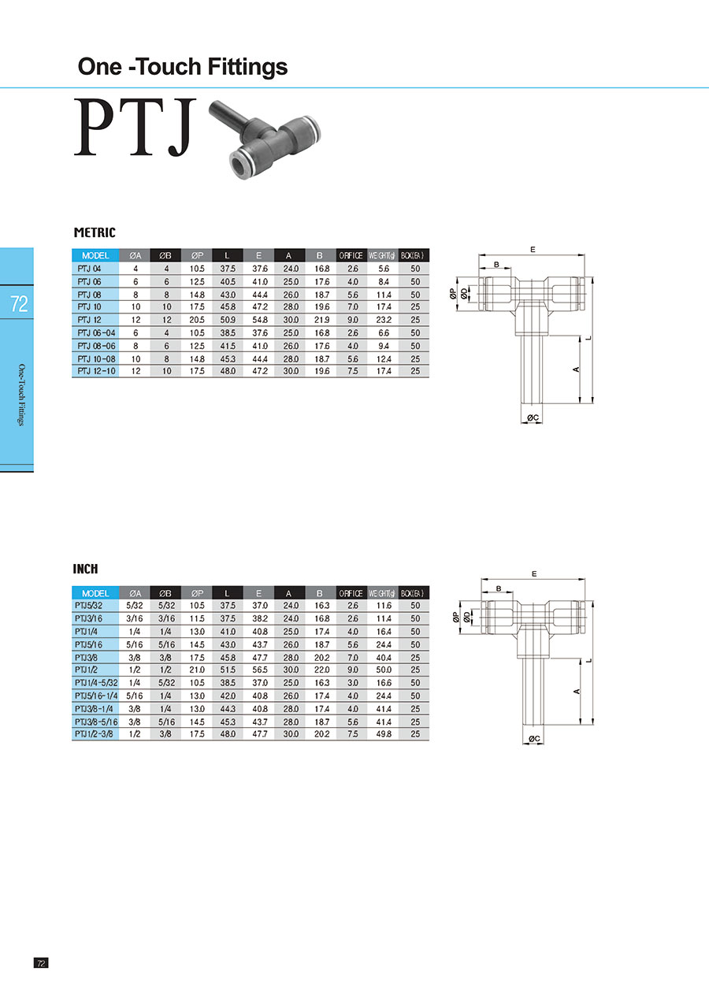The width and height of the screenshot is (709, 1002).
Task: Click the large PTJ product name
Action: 135,128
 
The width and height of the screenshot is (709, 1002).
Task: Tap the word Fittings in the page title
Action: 247,67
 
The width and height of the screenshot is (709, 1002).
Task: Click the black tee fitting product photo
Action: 265,139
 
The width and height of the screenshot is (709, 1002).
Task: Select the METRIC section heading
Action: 95,232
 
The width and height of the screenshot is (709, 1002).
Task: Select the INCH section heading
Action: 85,569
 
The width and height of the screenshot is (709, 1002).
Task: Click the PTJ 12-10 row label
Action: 96,371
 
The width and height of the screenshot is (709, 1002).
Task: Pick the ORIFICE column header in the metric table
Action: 351,255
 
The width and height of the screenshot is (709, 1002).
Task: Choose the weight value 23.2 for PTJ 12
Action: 384,320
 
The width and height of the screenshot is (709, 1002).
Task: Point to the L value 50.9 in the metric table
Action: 227,320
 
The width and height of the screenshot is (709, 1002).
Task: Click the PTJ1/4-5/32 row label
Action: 96,683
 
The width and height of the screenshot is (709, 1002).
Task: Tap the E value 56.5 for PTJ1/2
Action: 259,670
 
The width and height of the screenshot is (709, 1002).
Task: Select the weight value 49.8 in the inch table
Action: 384,734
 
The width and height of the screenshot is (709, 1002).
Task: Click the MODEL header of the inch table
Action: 95,593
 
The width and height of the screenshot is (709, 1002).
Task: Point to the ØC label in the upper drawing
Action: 533,417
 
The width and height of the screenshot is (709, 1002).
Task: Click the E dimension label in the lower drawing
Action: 534,573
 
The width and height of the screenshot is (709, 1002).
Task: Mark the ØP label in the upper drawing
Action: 452,294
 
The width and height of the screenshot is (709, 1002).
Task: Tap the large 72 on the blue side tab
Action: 19,304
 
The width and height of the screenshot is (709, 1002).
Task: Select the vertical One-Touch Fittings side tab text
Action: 21,395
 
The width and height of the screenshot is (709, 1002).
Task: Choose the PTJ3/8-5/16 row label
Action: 96,722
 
